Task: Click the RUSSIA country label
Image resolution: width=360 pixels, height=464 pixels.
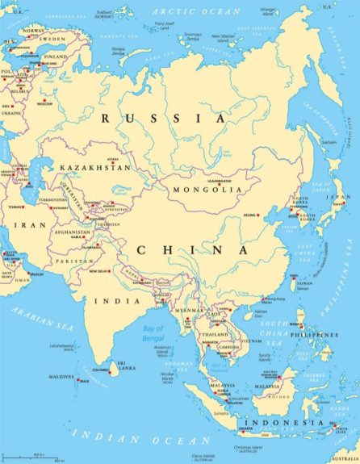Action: coord(164,119)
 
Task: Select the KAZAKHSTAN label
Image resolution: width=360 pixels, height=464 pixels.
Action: coord(94,168)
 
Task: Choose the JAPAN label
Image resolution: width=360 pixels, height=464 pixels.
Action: coord(343,196)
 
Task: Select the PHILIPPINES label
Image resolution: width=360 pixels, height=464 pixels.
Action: coord(313,334)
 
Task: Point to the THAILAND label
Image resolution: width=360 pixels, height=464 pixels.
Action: coord(215,334)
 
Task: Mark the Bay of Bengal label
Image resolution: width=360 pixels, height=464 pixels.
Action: coord(153,332)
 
